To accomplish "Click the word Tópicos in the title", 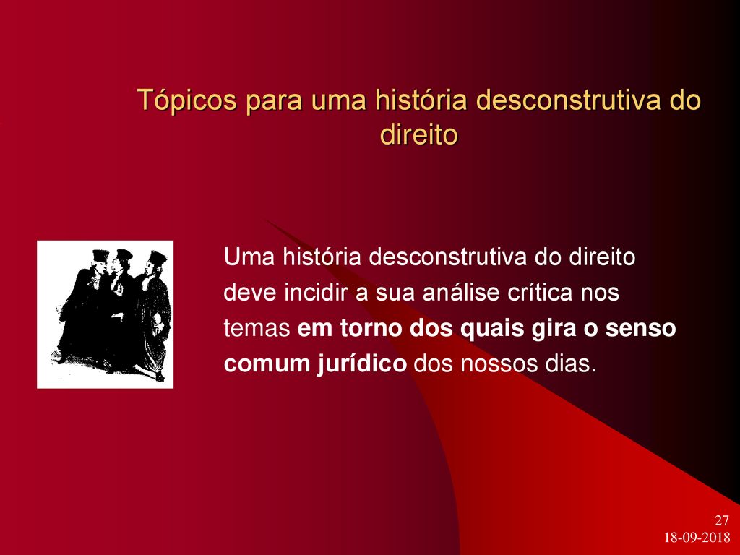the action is pos(186,100).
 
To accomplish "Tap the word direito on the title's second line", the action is pos(419,135).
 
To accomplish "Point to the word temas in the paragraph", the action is pos(257,329).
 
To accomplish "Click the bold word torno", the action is pos(370,329).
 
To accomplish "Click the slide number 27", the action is pos(722,520).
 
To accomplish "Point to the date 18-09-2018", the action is pos(697,537).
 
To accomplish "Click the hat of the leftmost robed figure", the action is pos(100,255).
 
